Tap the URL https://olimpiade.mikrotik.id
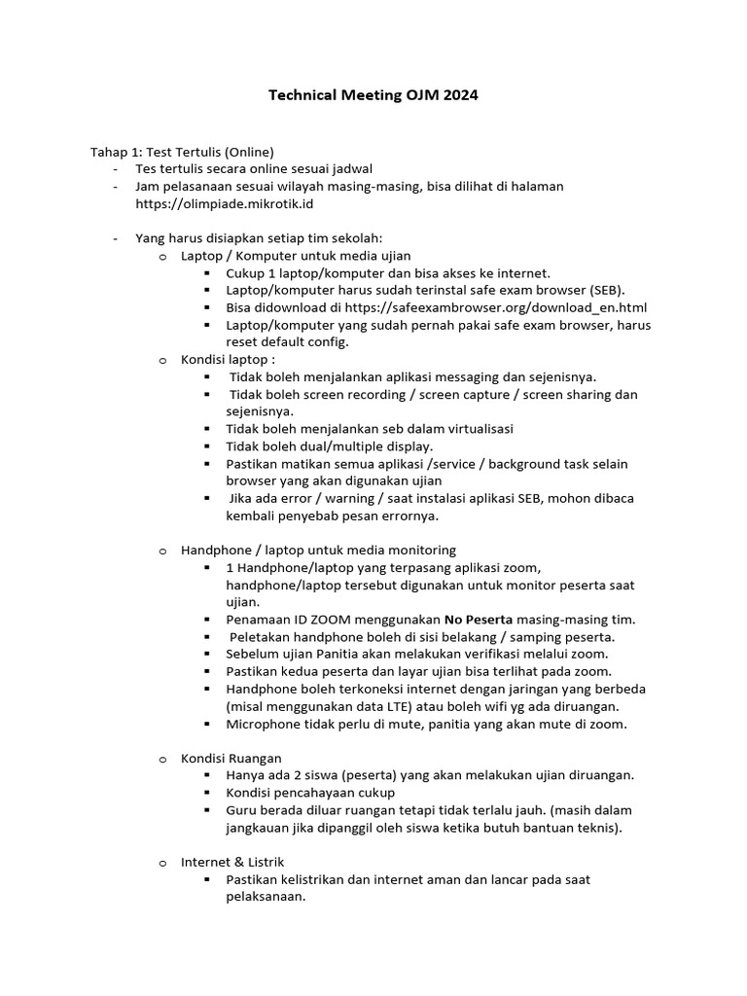(x=225, y=203)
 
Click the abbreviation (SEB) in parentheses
(x=608, y=290)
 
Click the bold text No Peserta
(x=479, y=619)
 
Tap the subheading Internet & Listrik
(x=232, y=862)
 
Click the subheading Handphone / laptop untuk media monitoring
(x=318, y=550)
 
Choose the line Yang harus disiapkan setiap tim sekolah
(x=259, y=238)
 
